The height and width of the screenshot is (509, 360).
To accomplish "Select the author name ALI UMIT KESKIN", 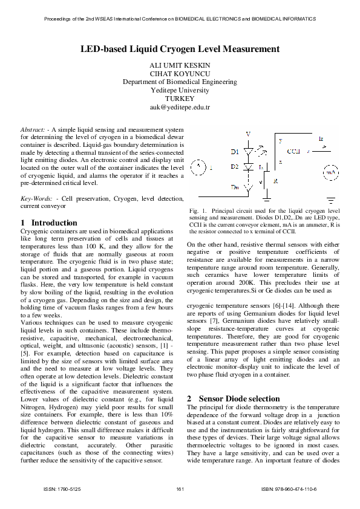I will click(x=180, y=65).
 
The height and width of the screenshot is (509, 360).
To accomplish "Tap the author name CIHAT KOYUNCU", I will click(x=180, y=73).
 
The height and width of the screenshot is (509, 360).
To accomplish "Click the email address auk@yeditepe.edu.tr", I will click(x=180, y=107).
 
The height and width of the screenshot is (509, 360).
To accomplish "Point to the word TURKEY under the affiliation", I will click(x=180, y=99).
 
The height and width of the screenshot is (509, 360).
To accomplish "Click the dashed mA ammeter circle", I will click(x=330, y=172).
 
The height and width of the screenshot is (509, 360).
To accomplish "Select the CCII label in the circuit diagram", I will click(x=294, y=151).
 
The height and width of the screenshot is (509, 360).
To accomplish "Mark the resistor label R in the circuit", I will click(x=275, y=181).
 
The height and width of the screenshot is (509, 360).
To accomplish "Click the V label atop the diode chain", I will click(x=247, y=134).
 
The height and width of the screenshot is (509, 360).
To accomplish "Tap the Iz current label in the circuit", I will click(x=321, y=139).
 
